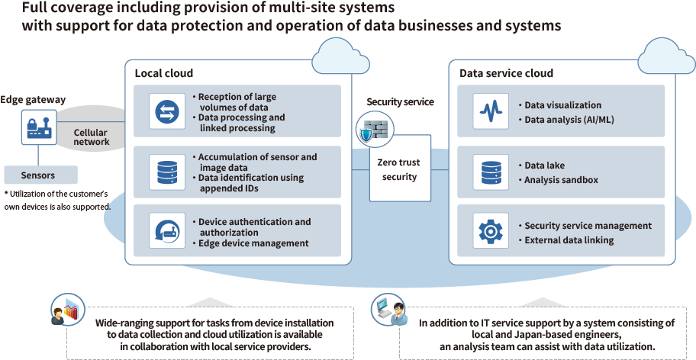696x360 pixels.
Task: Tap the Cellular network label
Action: coord(91,137)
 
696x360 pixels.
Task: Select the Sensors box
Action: coord(38,175)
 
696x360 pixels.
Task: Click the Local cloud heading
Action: coord(164,73)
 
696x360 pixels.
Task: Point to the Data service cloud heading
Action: coord(506,73)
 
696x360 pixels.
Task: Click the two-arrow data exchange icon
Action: coord(166,112)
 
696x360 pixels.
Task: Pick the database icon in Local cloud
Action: coord(166,172)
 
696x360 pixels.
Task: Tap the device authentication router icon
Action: coord(166,230)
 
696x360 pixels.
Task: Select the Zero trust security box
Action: coord(399,169)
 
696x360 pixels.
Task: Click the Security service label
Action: coord(400,102)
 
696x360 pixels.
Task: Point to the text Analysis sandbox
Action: coord(561,180)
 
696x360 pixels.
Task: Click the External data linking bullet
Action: coord(569,240)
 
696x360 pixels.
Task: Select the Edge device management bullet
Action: coord(253,243)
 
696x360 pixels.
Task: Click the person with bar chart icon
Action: coord(65,312)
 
